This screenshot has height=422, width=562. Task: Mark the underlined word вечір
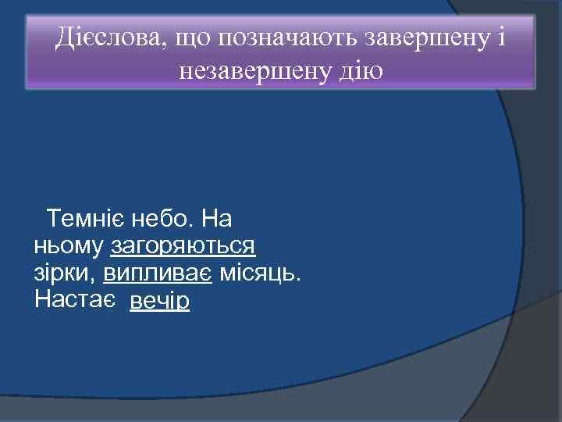tap(160, 301)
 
